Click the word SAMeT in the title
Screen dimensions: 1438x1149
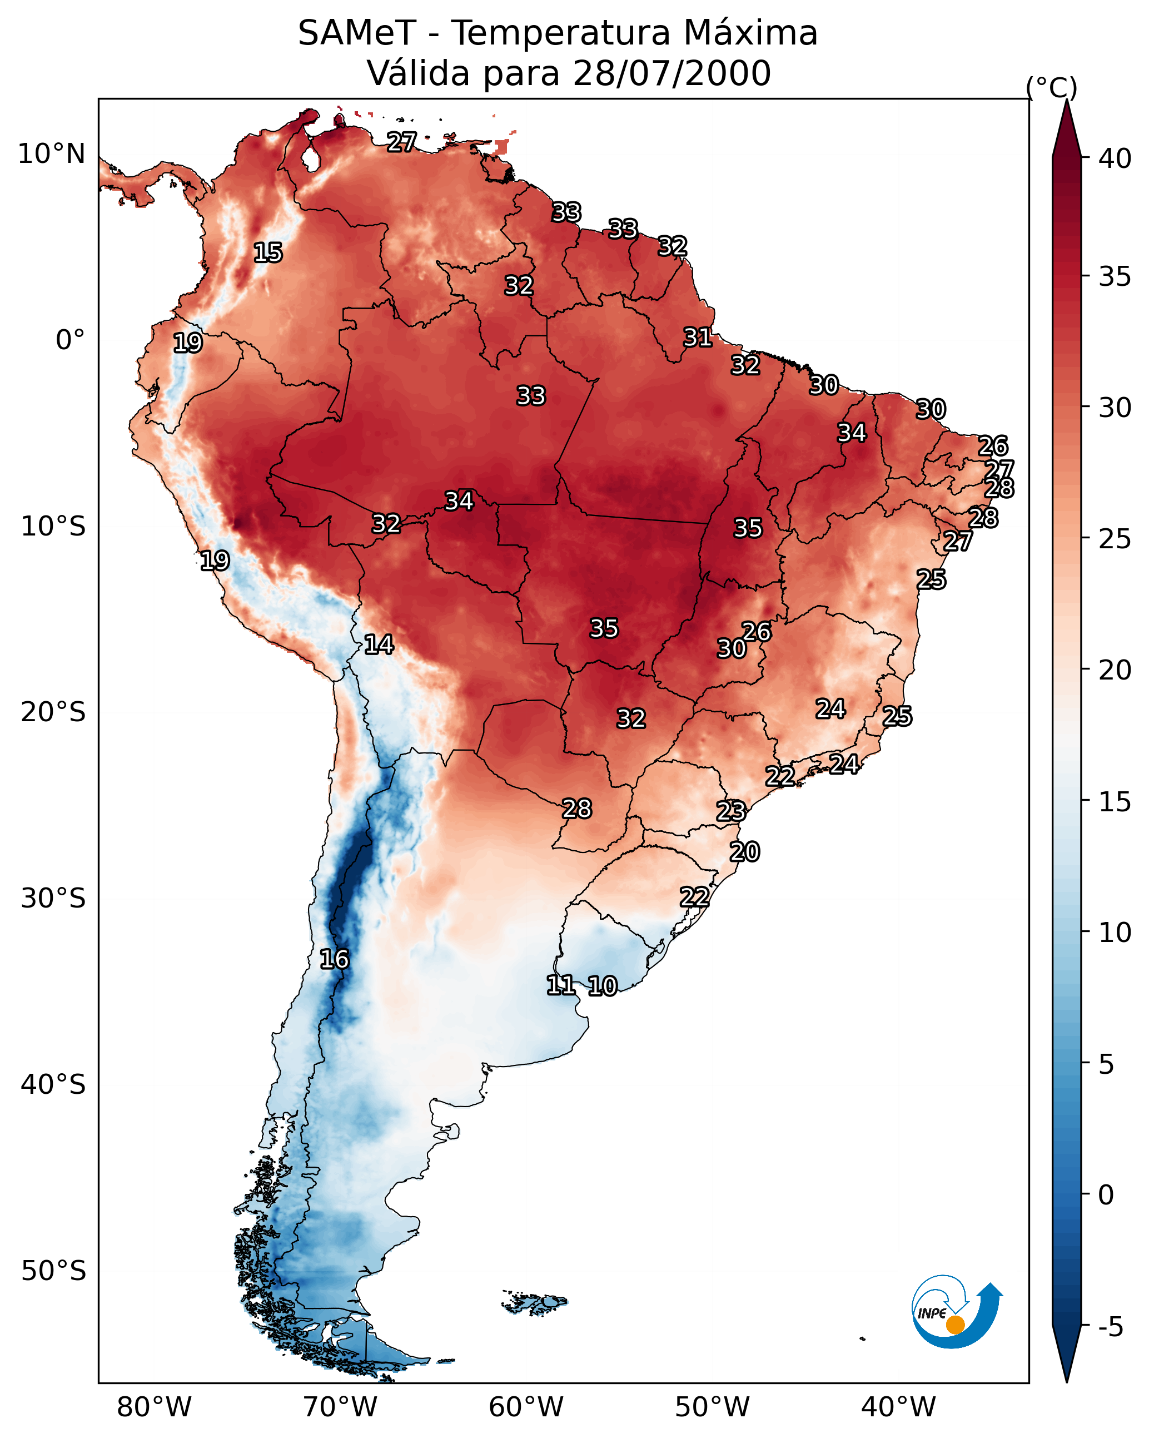pos(357,33)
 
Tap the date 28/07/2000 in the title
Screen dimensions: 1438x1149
pos(672,73)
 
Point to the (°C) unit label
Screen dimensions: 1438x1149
pos(1051,87)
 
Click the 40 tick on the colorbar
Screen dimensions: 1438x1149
pos(1115,158)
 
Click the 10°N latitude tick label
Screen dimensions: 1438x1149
pos(51,154)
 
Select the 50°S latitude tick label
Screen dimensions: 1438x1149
pos(53,1271)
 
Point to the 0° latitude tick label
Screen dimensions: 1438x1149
pos(70,340)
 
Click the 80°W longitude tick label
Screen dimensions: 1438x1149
pos(154,1407)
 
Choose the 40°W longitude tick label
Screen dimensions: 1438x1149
pos(898,1407)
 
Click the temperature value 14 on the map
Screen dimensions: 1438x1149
pos(379,644)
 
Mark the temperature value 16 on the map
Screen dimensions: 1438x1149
pos(334,959)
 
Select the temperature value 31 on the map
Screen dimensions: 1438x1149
pos(698,338)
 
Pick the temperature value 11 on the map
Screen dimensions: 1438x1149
pos(561,985)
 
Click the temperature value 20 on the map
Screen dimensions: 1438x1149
pos(744,852)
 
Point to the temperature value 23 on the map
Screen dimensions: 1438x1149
pos(731,811)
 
